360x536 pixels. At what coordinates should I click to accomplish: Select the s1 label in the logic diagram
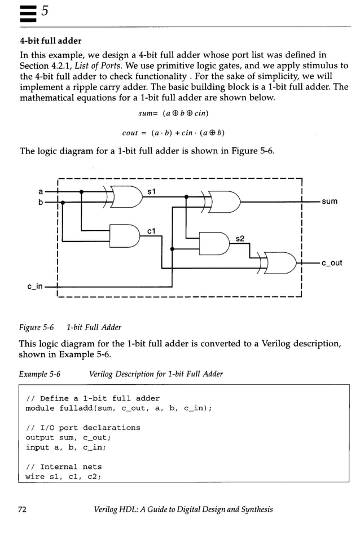pyautogui.click(x=151, y=192)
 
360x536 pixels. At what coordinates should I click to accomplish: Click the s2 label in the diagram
pyautogui.click(x=240, y=239)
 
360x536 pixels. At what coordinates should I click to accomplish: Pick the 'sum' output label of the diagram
pyautogui.click(x=330, y=201)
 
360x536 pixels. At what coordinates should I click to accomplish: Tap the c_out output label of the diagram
pyautogui.click(x=332, y=262)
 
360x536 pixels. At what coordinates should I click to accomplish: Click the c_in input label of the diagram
pyautogui.click(x=35, y=287)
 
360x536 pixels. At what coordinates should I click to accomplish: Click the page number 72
pyautogui.click(x=23, y=509)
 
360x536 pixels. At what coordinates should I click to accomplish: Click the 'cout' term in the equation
pyautogui.click(x=130, y=133)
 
